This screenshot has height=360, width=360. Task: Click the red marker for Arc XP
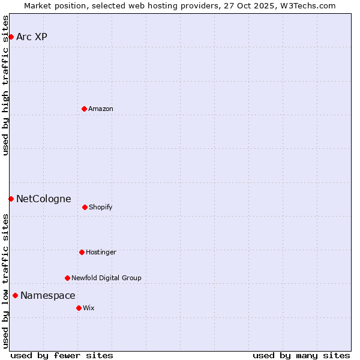point(11,37)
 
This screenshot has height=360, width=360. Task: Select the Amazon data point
point(84,109)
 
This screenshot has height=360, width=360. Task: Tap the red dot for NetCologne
point(11,199)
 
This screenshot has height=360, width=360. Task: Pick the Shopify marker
point(85,207)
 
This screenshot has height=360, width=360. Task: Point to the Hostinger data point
point(82,252)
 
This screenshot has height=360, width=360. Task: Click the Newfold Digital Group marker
point(67,278)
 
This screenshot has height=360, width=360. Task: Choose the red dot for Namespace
point(15,295)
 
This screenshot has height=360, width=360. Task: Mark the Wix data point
point(79,308)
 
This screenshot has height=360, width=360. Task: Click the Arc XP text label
point(32,37)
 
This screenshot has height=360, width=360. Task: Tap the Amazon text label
point(101,109)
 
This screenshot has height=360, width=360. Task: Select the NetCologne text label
point(43,199)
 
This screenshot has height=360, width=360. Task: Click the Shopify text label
point(101,208)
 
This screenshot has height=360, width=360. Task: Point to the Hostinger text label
point(101,253)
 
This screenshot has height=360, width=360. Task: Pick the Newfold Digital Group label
point(106,278)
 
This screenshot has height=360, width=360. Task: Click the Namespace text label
point(48,296)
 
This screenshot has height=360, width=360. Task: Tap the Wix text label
point(89,308)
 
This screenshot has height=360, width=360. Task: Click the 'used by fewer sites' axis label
point(62,355)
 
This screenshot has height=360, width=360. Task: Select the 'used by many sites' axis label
point(301,355)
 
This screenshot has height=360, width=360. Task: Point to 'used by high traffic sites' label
point(5,85)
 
